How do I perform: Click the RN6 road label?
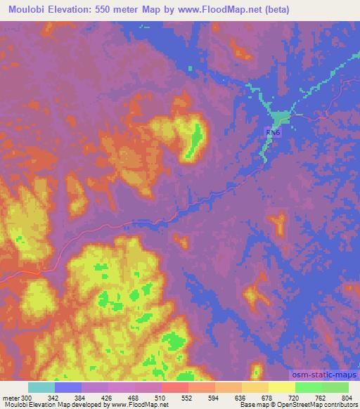click(271, 132)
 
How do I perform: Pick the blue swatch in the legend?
click(68, 387)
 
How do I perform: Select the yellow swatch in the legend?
click(282, 387)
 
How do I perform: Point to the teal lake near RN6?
click(281, 117)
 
